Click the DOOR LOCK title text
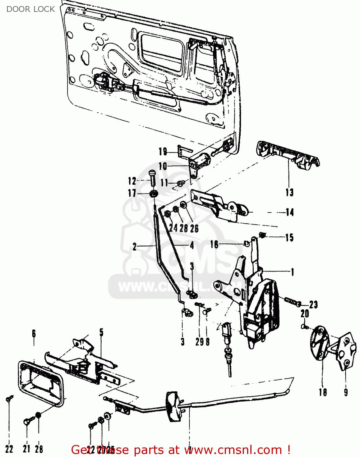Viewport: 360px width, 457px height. pyautogui.click(x=30, y=9)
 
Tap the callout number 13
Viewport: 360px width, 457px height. pyautogui.click(x=289, y=192)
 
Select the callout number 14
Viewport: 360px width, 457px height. pyautogui.click(x=290, y=212)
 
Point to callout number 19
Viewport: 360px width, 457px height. pyautogui.click(x=163, y=151)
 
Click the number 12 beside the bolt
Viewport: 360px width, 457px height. pyautogui.click(x=132, y=181)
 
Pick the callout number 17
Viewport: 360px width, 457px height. pyautogui.click(x=132, y=193)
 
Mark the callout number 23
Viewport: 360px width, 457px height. pyautogui.click(x=313, y=304)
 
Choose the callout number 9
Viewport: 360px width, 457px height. pyautogui.click(x=346, y=392)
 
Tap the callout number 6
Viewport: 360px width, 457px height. pyautogui.click(x=34, y=334)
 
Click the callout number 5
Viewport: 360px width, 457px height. pyautogui.click(x=101, y=332)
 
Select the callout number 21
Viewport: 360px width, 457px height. pyautogui.click(x=26, y=448)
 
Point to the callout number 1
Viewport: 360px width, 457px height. pyautogui.click(x=292, y=272)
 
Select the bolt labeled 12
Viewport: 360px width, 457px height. pyautogui.click(x=153, y=178)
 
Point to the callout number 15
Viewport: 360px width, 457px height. pyautogui.click(x=289, y=238)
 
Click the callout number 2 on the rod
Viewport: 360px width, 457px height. pyautogui.click(x=135, y=246)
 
